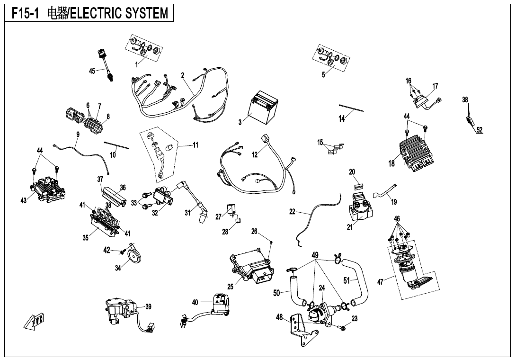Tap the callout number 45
pos(92,71)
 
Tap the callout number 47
pos(380,282)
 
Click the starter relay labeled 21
pos(363,208)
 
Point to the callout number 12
pos(255,154)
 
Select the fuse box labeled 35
pos(104,224)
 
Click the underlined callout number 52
pos(480,130)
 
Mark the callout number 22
pos(292,212)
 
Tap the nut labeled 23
pos(343,327)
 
